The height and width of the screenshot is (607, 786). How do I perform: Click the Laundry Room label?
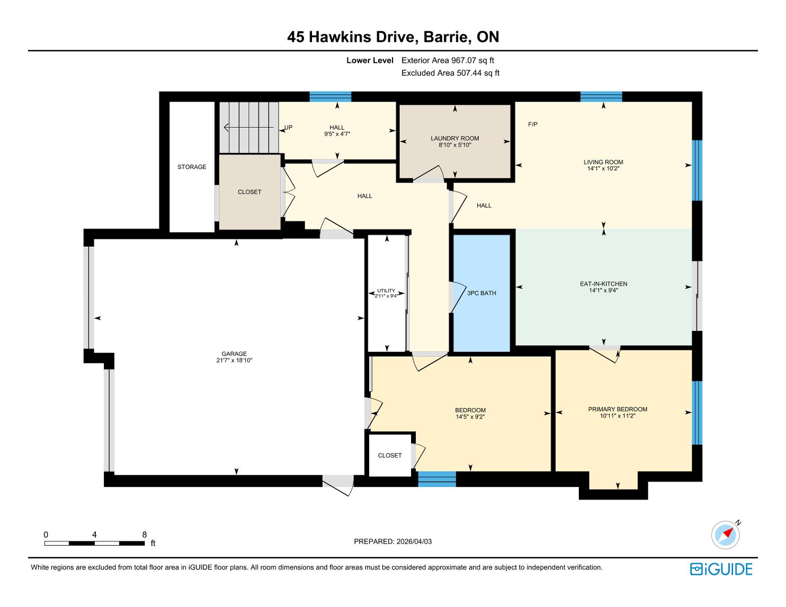tap(454, 138)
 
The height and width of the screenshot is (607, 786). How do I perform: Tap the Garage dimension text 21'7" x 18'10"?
tap(234, 360)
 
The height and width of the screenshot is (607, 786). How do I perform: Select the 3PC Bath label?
tap(481, 293)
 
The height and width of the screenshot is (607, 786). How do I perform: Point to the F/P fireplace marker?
tap(532, 124)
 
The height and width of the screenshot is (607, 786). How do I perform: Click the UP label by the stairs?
tap(288, 128)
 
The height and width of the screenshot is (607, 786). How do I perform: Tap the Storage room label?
tap(192, 167)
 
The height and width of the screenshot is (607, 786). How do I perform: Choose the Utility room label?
tap(386, 291)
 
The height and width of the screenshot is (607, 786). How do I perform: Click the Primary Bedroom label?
tap(618, 409)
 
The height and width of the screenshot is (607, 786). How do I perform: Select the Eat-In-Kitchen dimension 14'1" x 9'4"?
tap(603, 290)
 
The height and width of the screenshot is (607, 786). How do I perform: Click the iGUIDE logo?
tap(721, 569)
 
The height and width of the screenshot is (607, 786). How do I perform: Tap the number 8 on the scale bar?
tap(144, 534)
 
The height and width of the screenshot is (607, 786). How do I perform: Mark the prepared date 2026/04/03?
tap(414, 541)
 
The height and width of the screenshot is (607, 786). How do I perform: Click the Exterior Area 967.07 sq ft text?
tap(448, 60)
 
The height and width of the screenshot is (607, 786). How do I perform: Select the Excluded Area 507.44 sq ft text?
tap(450, 73)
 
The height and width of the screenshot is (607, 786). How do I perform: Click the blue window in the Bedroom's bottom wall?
tap(437, 479)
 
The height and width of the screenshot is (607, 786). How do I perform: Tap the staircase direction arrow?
tap(248, 127)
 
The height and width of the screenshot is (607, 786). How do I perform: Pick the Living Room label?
tap(603, 162)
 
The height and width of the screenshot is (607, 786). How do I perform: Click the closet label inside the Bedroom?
tap(390, 456)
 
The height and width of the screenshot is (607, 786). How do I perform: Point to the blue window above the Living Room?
tap(601, 96)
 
